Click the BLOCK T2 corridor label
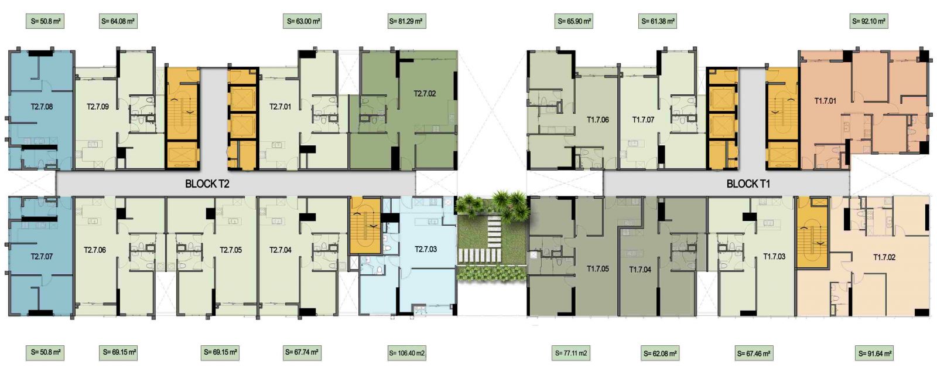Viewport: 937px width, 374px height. click(207, 183)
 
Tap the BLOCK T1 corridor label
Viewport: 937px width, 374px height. click(748, 183)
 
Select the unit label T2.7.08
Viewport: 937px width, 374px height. click(42, 107)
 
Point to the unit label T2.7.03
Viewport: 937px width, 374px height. click(426, 249)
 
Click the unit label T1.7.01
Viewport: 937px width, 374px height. click(825, 101)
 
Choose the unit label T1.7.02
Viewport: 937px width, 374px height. click(884, 257)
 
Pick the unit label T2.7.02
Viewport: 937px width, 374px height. click(425, 93)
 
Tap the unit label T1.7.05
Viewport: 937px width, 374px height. click(598, 269)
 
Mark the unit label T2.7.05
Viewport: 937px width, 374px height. click(231, 250)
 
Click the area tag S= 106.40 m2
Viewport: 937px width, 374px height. click(407, 353)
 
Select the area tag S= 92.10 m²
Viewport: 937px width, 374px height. click(869, 21)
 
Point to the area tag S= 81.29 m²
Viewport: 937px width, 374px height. click(406, 21)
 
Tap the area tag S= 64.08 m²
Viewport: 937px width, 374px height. click(118, 21)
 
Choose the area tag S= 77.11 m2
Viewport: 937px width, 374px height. click(571, 353)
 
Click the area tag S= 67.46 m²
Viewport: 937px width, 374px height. click(754, 353)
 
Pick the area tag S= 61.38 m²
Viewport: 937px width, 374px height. click(658, 21)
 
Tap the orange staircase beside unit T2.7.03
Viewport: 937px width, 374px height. click(365, 226)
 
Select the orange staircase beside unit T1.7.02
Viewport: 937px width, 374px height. click(812, 233)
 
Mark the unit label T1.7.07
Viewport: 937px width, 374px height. click(643, 120)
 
